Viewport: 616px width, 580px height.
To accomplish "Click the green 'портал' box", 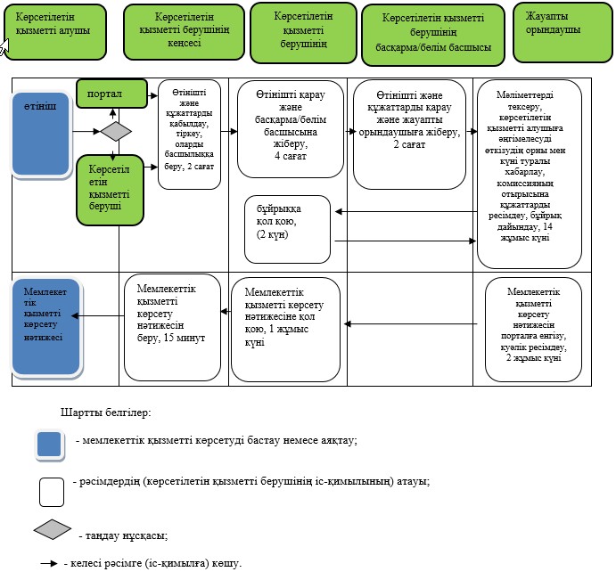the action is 111,94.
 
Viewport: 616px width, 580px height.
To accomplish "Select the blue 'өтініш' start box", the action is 41,134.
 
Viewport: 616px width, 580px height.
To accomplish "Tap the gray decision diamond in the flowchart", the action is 116,131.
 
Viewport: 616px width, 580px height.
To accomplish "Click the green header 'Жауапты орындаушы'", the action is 563,32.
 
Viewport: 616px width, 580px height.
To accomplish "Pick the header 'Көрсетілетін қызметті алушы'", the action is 55,32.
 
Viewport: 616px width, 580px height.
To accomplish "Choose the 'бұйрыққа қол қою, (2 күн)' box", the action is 288,229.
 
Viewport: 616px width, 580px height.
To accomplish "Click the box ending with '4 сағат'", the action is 291,129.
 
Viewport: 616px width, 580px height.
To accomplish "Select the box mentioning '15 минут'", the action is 172,327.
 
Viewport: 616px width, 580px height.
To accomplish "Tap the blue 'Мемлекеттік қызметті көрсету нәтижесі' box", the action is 46,326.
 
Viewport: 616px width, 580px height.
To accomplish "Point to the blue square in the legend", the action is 50,444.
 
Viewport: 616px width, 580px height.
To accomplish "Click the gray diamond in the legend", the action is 53,529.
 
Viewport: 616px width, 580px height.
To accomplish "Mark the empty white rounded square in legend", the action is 52,492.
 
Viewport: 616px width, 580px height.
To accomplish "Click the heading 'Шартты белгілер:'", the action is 106,413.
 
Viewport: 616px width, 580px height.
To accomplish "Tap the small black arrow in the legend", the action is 49,563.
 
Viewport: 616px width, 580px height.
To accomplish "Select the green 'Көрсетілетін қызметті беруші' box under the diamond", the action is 110,190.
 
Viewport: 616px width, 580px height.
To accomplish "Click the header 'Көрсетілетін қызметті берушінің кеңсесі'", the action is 184,32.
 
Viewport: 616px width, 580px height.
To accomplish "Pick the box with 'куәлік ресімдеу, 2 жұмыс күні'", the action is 533,330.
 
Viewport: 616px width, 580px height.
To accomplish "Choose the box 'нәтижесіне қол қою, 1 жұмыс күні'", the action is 285,330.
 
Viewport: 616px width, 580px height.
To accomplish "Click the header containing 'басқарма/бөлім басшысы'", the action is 433,35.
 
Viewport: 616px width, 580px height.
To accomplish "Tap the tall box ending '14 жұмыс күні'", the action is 530,175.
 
